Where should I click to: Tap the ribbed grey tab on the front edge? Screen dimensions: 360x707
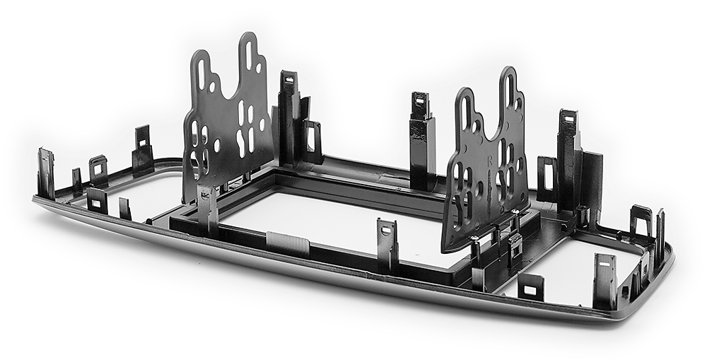coord(287,245)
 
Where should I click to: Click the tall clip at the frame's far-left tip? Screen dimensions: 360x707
coord(46,173)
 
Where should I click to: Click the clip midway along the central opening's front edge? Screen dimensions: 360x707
coord(387,244)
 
